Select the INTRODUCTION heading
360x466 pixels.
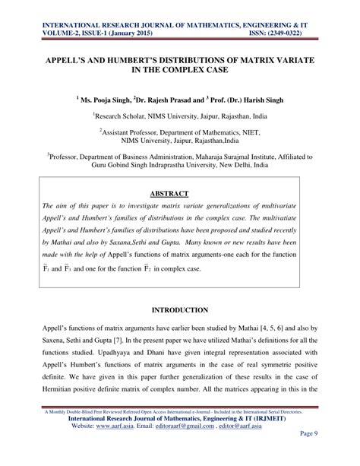pyautogui.click(x=179, y=310)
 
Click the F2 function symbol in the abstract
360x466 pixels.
pyautogui.click(x=193, y=268)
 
